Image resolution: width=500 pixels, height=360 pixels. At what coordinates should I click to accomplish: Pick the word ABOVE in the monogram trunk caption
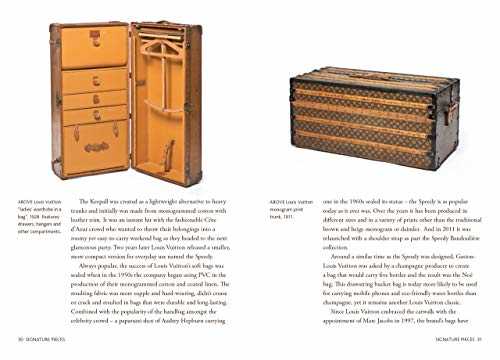click(276, 201)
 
